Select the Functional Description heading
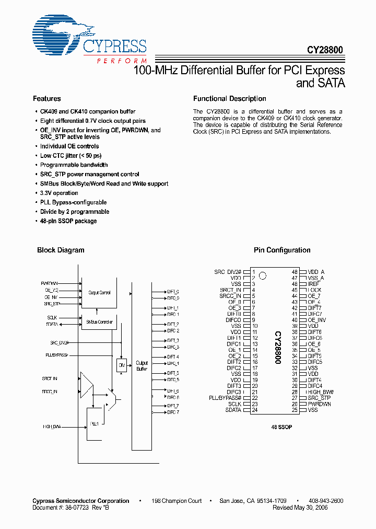[x=230, y=99]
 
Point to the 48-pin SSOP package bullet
[x=68, y=221]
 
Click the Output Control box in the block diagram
[x=99, y=293]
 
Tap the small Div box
[x=121, y=365]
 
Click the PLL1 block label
[x=95, y=423]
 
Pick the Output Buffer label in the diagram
[x=142, y=365]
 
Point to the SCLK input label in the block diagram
[x=52, y=317]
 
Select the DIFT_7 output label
[x=173, y=406]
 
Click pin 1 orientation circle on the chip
[x=263, y=275]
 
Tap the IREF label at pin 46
[x=314, y=284]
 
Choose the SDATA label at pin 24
[x=233, y=410]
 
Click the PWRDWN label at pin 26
[x=319, y=404]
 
